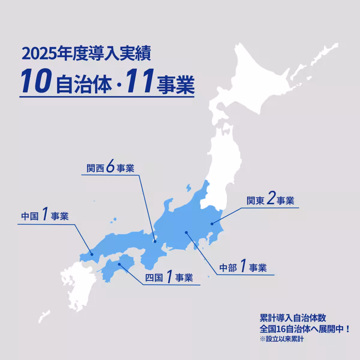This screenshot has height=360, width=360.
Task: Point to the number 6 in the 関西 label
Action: pyautogui.click(x=110, y=167)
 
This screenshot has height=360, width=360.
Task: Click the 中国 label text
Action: pyautogui.click(x=30, y=216)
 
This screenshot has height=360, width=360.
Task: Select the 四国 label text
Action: pyautogui.click(x=154, y=278)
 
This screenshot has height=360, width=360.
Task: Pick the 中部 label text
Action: pyautogui.click(x=228, y=268)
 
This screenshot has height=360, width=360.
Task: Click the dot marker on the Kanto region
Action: pyautogui.click(x=212, y=223)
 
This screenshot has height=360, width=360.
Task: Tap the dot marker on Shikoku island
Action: pyautogui.click(x=119, y=264)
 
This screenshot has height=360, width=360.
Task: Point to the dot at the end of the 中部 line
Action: pyautogui.click(x=186, y=232)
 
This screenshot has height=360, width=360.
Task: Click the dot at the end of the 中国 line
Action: pyautogui.click(x=92, y=254)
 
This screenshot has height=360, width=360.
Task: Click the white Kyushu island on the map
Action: pyautogui.click(x=76, y=285)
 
